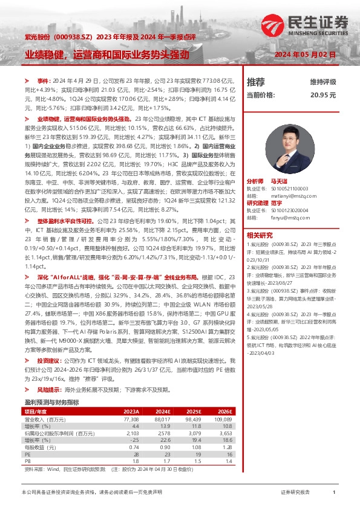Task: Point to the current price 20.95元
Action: click(x=322, y=95)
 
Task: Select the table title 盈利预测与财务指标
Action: click(x=51, y=401)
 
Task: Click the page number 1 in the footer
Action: click(x=334, y=493)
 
